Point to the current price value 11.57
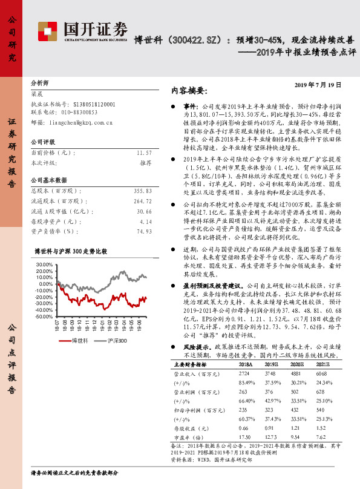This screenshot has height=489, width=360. point(144,154)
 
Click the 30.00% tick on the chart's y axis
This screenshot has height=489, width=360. point(45,264)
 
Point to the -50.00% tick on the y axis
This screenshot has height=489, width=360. point(44,316)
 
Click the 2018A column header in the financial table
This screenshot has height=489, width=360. point(246,365)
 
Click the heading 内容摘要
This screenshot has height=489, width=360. point(189,91)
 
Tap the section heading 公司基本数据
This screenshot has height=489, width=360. point(48,180)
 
